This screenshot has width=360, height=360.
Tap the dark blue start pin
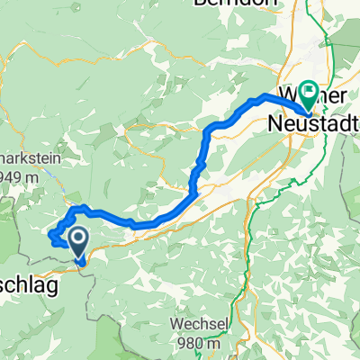click(78, 242)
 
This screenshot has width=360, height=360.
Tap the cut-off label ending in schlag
click(28, 262)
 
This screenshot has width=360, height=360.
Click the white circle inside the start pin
click(78, 238)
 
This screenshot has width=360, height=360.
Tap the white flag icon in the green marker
click(309, 90)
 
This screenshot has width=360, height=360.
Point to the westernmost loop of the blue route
click(52, 237)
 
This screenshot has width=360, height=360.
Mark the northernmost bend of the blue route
click(266, 95)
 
